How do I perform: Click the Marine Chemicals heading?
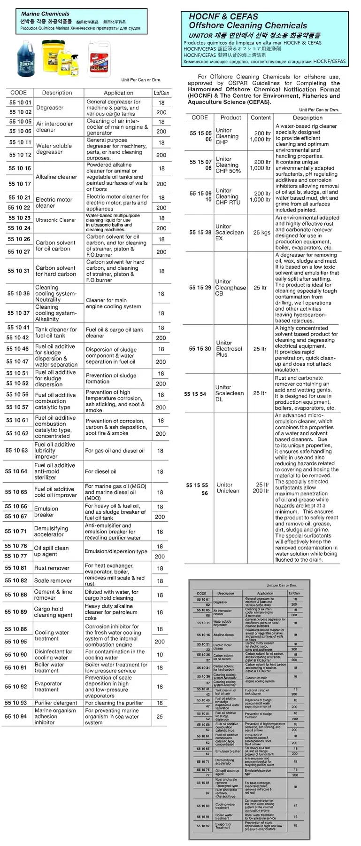tap(45, 14)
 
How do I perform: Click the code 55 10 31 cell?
tap(19, 271)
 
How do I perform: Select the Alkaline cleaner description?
tap(56, 177)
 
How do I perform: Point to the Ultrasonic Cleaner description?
tap(56, 220)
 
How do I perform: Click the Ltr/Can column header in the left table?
tap(161, 93)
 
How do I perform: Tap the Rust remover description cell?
tap(52, 568)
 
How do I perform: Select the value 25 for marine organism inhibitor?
tap(160, 716)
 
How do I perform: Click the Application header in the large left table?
tap(118, 93)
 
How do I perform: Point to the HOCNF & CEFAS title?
tap(223, 16)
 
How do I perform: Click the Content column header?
tap(261, 117)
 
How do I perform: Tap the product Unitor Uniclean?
tap(228, 488)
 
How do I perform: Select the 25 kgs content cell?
tap(262, 233)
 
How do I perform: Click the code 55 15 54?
tap(195, 394)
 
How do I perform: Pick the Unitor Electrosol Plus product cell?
tap(229, 349)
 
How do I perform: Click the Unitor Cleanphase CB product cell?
tap(230, 288)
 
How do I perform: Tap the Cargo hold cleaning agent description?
tap(53, 612)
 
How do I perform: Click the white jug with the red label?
tap(99, 59)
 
